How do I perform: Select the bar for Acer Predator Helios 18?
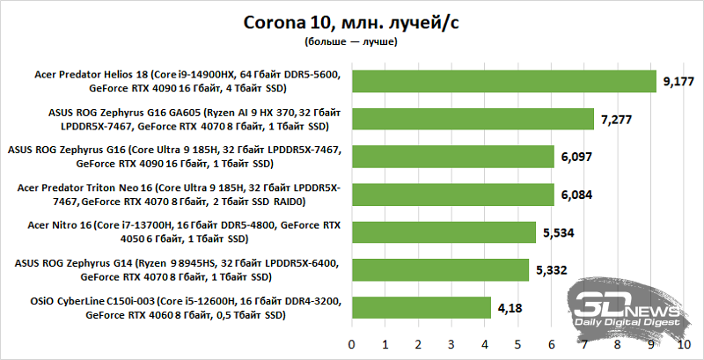(x=504, y=81)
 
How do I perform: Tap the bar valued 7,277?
(x=473, y=119)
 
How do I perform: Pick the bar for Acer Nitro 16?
(x=444, y=231)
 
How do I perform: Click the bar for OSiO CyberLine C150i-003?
(x=421, y=307)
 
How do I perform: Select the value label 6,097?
(x=576, y=157)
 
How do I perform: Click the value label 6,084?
(x=576, y=194)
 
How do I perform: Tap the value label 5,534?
(x=557, y=231)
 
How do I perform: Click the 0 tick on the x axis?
(x=352, y=342)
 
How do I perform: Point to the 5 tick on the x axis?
(x=517, y=342)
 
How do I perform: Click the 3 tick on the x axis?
(x=451, y=342)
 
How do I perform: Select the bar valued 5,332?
(x=440, y=269)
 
